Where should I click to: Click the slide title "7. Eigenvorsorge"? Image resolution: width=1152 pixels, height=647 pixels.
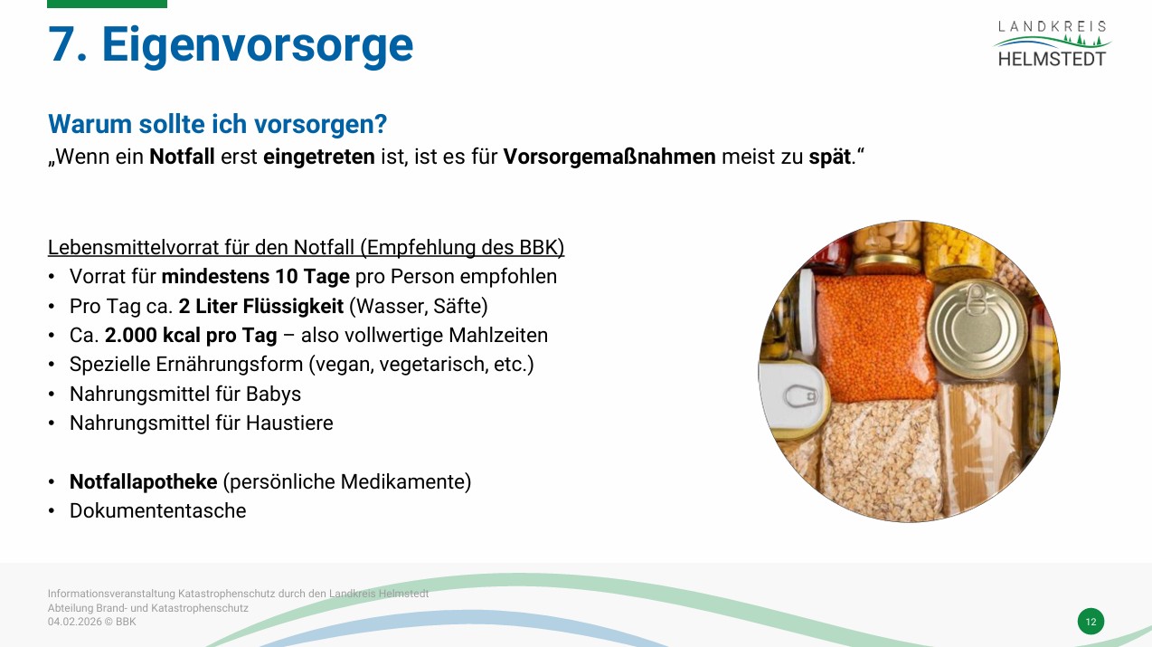[x=231, y=45]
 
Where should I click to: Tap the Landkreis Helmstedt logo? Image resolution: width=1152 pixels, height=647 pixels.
[x=1052, y=43]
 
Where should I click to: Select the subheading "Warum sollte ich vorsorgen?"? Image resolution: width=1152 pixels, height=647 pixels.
[x=217, y=124]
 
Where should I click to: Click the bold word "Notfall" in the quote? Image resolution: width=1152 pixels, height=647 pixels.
[x=182, y=157]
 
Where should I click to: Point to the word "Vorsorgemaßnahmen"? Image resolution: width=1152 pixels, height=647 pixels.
[x=609, y=157]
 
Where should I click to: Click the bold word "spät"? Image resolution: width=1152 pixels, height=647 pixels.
[x=829, y=157]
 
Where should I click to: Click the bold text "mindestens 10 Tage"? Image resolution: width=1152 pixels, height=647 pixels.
[x=256, y=276]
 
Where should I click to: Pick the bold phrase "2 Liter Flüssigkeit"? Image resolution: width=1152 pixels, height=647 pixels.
[x=260, y=306]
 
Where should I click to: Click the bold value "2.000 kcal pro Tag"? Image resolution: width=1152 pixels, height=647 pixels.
[x=191, y=336]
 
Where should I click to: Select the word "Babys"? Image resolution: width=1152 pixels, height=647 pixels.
[x=273, y=395]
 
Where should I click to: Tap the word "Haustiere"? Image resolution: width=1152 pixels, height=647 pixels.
[x=289, y=423]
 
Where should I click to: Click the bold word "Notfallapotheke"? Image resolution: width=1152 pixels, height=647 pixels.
[x=144, y=481]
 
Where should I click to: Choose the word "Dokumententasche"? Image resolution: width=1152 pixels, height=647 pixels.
[x=158, y=511]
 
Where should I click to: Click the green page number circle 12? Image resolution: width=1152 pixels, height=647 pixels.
[x=1091, y=622]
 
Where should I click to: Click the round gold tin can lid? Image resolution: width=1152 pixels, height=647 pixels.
[x=977, y=328]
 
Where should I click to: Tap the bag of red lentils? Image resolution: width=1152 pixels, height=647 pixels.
[x=873, y=338]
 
